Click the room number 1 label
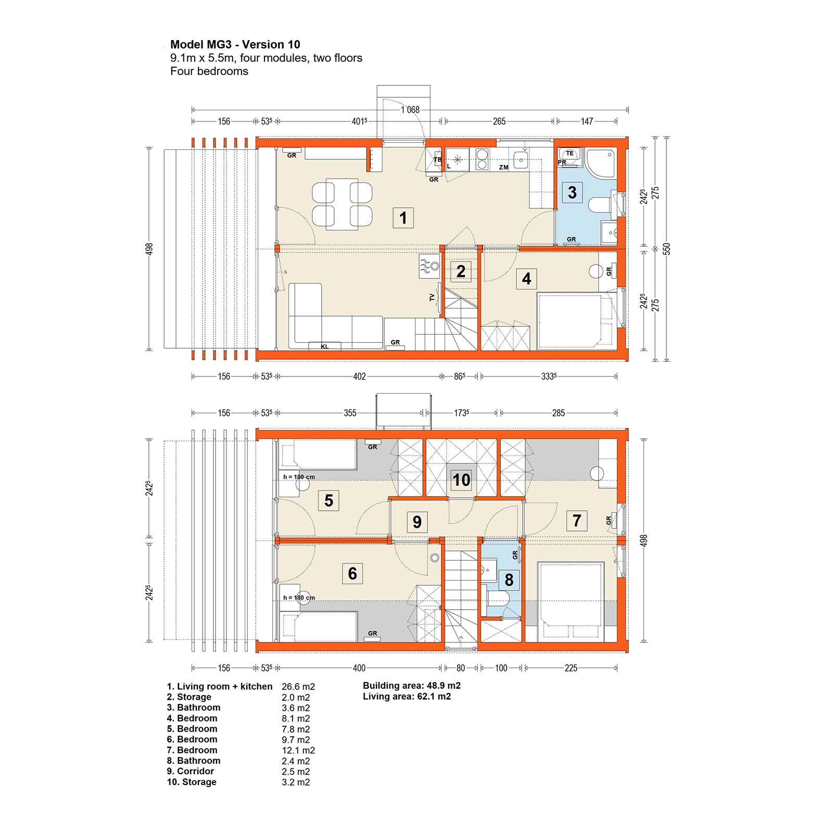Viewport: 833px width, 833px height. (403, 218)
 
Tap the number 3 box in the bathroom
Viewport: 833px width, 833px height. (572, 193)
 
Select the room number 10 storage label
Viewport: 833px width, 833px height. (461, 479)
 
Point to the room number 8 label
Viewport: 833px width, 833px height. (509, 579)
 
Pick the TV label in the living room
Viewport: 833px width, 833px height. (432, 297)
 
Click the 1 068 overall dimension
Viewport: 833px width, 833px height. (410, 109)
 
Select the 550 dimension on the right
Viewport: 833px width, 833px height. (666, 249)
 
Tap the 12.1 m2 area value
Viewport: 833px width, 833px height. (298, 750)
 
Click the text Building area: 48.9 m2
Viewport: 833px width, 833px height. (412, 686)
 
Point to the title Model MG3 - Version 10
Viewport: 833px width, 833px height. (235, 44)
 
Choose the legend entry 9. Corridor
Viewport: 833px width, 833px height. (191, 771)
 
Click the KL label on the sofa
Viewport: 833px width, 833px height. (325, 347)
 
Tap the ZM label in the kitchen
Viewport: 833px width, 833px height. (503, 168)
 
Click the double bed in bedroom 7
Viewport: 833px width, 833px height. (572, 601)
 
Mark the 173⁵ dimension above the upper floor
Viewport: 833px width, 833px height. (461, 413)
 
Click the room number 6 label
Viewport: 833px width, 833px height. (352, 573)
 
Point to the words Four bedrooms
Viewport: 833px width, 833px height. (209, 71)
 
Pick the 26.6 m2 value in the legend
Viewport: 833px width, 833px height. (298, 687)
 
